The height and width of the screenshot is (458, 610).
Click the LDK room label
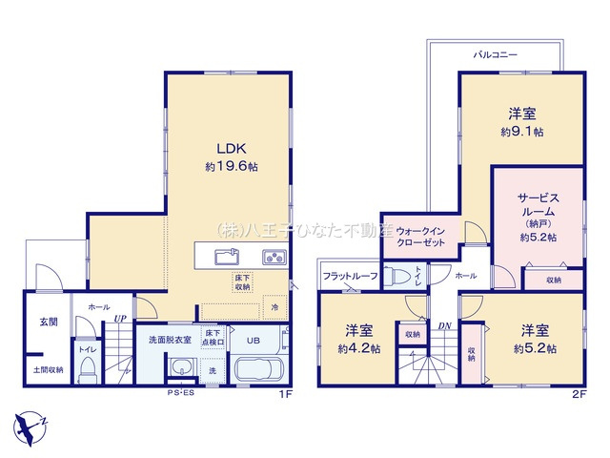[231, 148]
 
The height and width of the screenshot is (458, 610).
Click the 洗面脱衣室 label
[169, 340]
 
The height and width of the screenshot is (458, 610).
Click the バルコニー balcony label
[495, 55]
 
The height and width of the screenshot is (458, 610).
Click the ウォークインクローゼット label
[421, 237]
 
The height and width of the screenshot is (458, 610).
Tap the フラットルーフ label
[350, 276]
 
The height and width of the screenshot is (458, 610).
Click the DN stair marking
[444, 324]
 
